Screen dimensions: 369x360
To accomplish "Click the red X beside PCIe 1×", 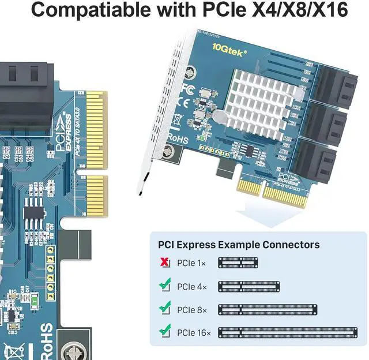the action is (x=165, y=263).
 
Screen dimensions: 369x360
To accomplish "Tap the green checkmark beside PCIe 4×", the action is (x=165, y=285).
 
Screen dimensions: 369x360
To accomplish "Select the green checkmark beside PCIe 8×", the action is (x=165, y=309).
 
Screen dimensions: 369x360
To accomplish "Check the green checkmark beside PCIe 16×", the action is (x=165, y=332).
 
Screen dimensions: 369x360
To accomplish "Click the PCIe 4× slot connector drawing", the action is (x=248, y=286).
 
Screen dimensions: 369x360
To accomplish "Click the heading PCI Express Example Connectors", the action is (x=235, y=244).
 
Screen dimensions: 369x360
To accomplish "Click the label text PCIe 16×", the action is (x=194, y=333).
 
